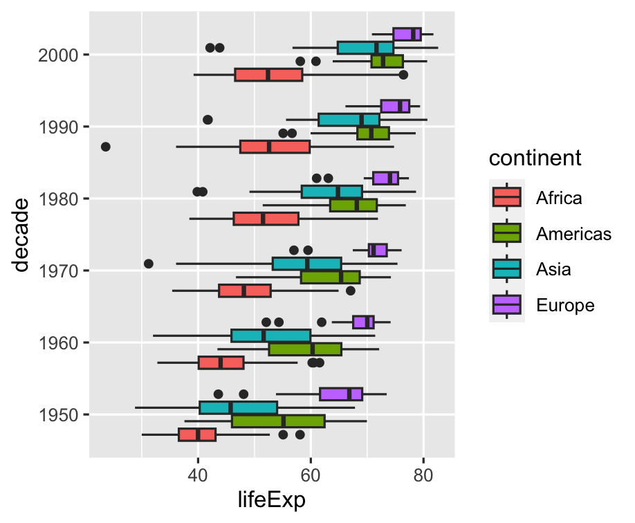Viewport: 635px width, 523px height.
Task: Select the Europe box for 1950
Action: (x=341, y=394)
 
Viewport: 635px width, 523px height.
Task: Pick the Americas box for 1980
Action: (x=353, y=205)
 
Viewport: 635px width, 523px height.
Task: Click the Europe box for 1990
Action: (x=395, y=106)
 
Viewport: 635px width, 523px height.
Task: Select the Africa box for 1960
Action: (x=221, y=363)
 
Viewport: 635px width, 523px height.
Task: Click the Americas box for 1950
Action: (x=278, y=421)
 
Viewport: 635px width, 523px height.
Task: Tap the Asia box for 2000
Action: (x=365, y=48)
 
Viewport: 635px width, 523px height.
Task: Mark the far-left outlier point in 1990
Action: (x=105, y=147)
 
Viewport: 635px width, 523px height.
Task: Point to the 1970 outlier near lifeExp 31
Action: (x=148, y=264)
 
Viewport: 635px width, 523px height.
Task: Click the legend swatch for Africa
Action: (x=507, y=198)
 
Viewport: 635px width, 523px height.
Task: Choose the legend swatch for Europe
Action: (x=507, y=304)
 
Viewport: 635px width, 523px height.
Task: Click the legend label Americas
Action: (x=573, y=234)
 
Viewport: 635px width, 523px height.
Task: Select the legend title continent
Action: (x=535, y=158)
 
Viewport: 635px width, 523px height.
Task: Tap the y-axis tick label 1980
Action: (x=59, y=199)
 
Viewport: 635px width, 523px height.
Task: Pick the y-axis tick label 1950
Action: (x=59, y=415)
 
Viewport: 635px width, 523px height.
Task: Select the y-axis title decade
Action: (x=23, y=235)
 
